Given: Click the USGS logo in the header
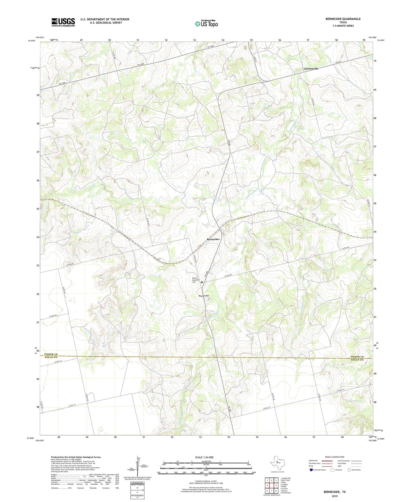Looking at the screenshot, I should click(63, 22).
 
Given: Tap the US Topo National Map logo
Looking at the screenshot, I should click(206, 24).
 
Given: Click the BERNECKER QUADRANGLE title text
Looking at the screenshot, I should click(343, 19).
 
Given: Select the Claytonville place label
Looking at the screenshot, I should click(311, 69).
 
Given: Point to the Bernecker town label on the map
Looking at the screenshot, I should click(213, 239).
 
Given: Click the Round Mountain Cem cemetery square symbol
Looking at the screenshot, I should click(202, 282).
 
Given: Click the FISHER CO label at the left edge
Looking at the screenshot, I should click(51, 354).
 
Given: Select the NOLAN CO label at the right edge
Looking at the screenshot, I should click(357, 360).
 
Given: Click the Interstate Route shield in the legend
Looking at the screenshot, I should click(311, 470).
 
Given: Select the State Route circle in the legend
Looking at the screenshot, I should click(349, 470).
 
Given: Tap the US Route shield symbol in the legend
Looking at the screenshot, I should click(332, 470).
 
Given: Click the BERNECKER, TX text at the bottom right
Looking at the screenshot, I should click(335, 492).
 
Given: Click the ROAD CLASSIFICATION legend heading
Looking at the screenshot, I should click(334, 457).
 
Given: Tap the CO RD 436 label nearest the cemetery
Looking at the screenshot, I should click(228, 276).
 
